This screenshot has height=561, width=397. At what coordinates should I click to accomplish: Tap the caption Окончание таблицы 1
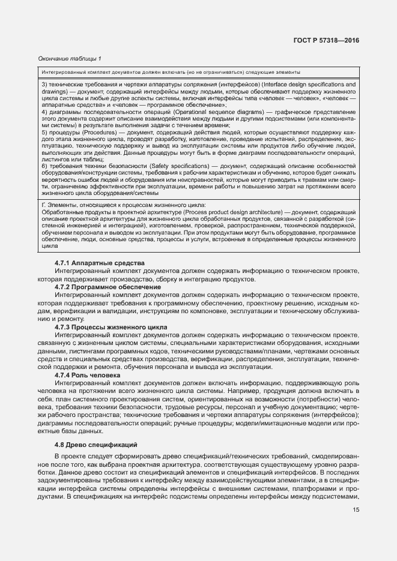coord(70,58)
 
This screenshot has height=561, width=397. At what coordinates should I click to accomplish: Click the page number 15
coord(356,511)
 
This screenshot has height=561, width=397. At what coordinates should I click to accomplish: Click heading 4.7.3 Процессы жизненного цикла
coord(111,327)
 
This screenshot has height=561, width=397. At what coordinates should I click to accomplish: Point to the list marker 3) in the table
coord(44,85)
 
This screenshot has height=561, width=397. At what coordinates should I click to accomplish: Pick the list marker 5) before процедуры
coord(44,133)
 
